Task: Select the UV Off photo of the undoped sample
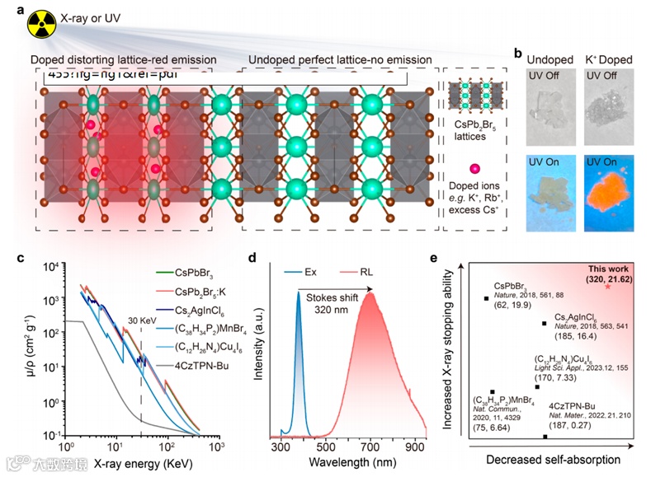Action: (548, 110)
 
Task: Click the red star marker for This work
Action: (610, 285)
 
